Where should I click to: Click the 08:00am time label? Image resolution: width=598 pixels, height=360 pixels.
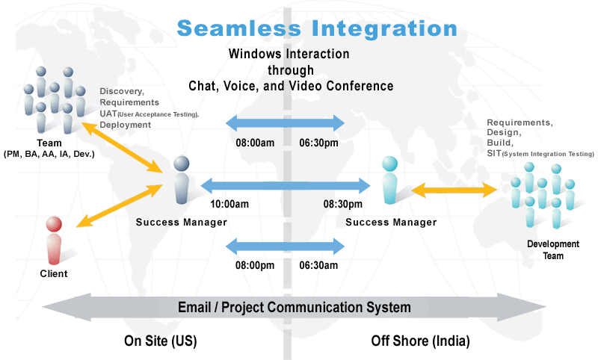(255, 143)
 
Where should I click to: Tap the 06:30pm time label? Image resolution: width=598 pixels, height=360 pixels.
(318, 143)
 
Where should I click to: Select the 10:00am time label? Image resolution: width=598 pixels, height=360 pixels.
(229, 204)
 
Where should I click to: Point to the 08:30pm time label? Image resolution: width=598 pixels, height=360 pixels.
(342, 204)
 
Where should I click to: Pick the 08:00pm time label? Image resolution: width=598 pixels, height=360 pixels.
(255, 265)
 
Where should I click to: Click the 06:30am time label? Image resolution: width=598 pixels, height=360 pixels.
(318, 265)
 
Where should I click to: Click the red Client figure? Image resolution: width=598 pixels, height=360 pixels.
(54, 240)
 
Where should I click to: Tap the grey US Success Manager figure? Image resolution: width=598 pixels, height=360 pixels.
(182, 180)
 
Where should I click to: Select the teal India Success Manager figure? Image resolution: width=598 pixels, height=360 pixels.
(389, 180)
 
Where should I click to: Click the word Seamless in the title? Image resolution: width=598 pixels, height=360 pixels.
(239, 28)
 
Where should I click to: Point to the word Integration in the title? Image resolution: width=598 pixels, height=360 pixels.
(384, 29)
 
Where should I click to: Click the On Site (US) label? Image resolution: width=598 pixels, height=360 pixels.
(160, 341)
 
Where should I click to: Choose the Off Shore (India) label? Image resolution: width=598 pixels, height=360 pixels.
(420, 341)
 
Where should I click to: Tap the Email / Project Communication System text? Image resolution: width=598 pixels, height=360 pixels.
(295, 307)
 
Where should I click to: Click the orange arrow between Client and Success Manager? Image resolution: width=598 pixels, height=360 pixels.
(120, 205)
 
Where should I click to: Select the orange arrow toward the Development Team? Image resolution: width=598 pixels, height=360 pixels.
(454, 190)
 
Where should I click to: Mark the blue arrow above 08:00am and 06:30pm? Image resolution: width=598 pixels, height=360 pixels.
(285, 123)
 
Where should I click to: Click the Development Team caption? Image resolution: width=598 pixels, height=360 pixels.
(553, 249)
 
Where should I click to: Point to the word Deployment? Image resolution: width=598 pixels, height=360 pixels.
(126, 125)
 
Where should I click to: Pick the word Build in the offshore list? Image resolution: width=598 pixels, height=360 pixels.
(500, 143)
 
